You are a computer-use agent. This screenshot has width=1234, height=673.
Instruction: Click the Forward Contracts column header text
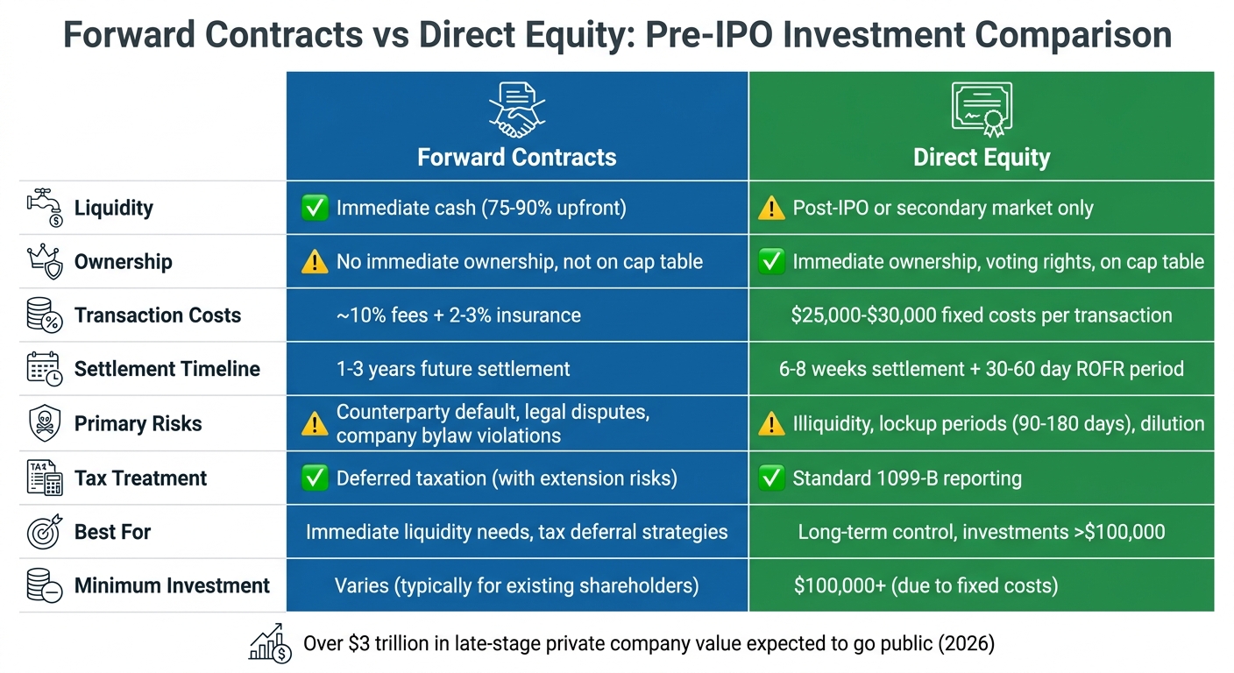516,158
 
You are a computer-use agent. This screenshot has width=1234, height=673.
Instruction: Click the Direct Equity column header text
981,158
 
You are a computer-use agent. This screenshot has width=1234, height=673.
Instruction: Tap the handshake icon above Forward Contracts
516,109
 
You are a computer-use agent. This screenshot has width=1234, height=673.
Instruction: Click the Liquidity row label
113,209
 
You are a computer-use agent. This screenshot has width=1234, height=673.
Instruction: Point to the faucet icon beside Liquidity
43,208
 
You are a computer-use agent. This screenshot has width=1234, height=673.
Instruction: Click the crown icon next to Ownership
43,261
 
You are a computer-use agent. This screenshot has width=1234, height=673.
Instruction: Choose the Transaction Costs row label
157,315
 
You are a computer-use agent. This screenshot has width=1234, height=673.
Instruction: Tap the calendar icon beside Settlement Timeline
43,369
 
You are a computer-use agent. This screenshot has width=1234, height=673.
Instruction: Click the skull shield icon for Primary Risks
43,423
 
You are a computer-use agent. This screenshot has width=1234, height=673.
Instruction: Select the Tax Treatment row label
140,478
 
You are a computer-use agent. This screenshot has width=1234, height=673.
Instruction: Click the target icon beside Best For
43,532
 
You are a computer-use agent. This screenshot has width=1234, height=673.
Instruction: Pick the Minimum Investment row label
172,585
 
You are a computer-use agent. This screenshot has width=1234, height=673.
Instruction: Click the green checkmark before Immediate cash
314,208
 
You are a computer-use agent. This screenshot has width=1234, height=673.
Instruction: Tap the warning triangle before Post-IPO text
771,209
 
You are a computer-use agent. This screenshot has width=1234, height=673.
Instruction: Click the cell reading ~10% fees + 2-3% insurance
458,315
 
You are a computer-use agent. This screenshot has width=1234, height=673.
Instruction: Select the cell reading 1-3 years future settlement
453,369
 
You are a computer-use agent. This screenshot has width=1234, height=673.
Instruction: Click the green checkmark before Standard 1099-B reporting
771,478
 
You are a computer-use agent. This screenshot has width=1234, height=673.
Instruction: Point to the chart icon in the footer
270,643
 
